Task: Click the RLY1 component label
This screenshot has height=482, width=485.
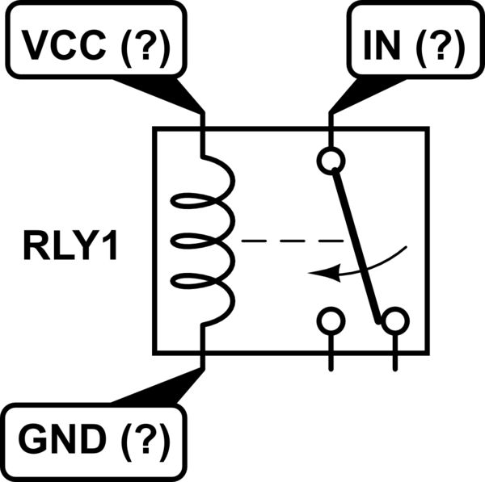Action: pyautogui.click(x=70, y=247)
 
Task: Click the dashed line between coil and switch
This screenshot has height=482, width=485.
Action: pyautogui.click(x=291, y=241)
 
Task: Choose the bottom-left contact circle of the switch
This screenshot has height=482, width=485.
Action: pyautogui.click(x=330, y=321)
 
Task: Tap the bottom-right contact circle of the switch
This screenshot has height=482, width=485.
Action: pyautogui.click(x=394, y=321)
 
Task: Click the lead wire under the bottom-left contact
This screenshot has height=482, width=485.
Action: pyautogui.click(x=330, y=352)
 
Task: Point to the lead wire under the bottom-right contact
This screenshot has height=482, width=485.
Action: pyautogui.click(x=394, y=352)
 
